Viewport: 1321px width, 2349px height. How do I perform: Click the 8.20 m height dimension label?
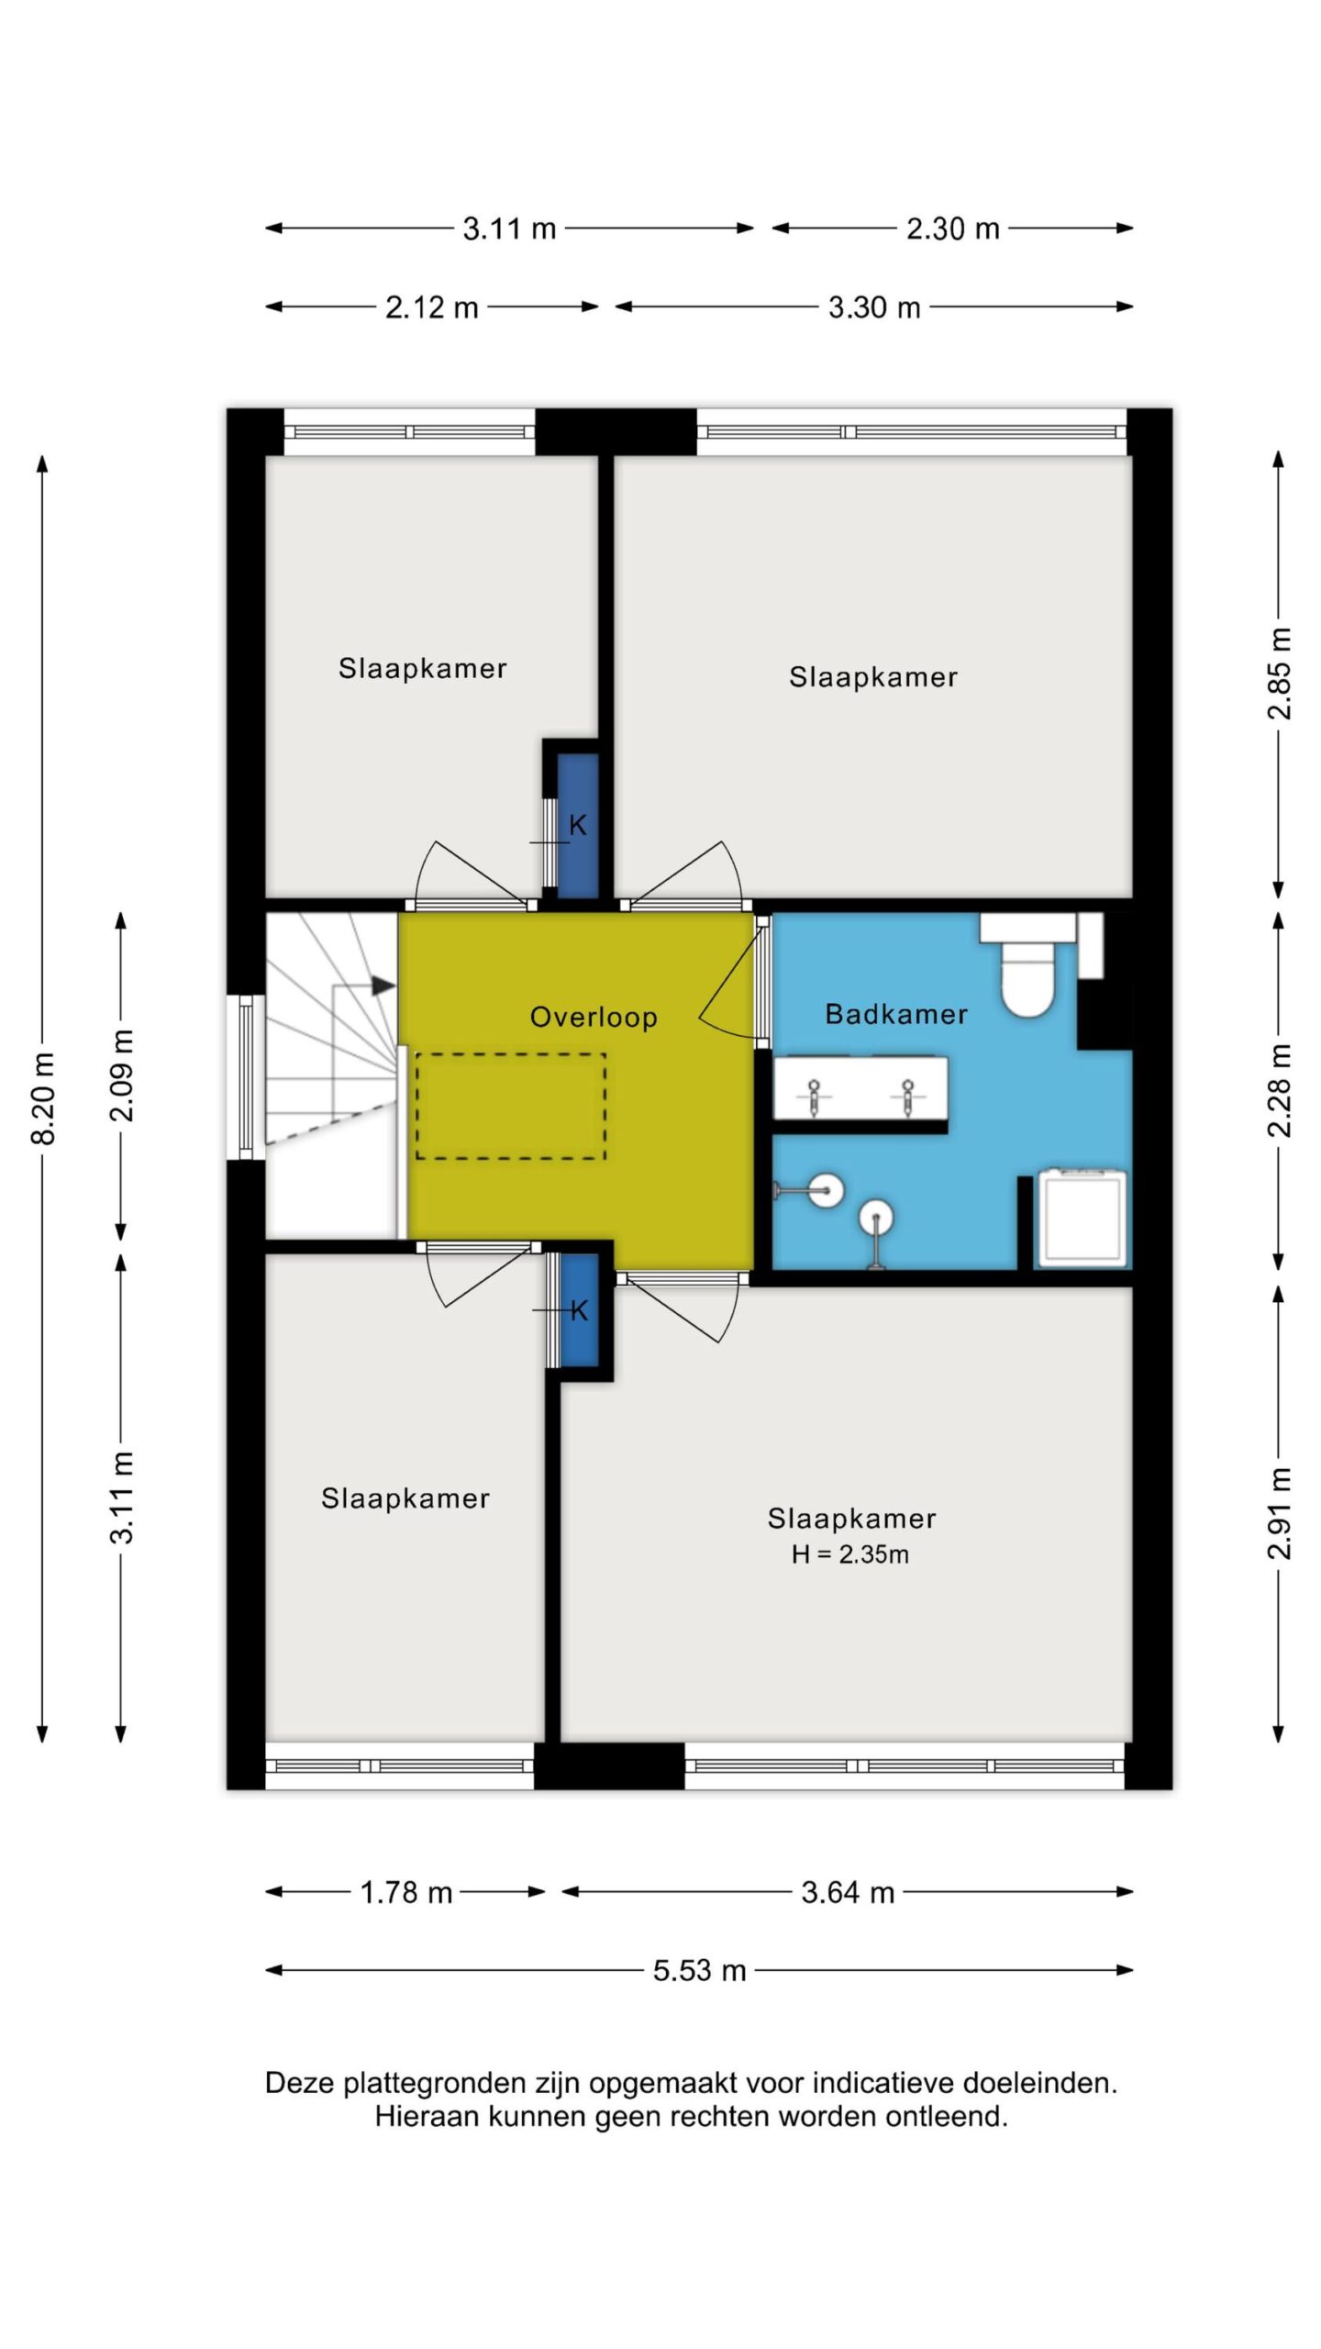(43, 1099)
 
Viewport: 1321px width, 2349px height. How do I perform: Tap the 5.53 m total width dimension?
(699, 1970)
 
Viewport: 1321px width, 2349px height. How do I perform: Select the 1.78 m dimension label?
(406, 1892)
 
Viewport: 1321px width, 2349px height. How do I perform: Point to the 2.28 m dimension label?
(1279, 1091)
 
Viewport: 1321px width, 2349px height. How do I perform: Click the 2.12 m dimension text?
(432, 307)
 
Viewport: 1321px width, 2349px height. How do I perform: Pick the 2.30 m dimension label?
(953, 228)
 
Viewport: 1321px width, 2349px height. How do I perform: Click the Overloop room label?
(594, 1017)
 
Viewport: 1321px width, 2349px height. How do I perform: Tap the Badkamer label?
(896, 1014)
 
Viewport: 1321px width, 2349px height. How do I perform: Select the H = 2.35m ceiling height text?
(850, 1554)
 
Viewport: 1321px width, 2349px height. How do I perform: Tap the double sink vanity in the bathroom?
(860, 1089)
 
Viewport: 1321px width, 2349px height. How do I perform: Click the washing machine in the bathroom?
(1082, 1218)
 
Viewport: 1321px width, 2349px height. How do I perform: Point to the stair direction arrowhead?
(383, 986)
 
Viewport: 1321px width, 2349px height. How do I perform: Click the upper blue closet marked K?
(578, 825)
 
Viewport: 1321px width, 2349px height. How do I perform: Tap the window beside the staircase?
(246, 1077)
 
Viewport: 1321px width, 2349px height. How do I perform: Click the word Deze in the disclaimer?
(299, 2083)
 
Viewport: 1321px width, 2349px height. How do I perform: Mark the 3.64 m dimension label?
(848, 1892)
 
